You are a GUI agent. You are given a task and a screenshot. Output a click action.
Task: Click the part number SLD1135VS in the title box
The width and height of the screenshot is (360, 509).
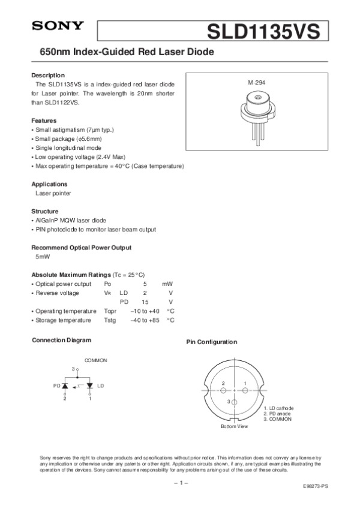pos(263,31)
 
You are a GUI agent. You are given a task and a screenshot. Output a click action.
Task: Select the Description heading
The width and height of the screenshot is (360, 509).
pos(47,76)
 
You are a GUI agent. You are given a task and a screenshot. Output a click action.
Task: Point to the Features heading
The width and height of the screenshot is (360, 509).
pos(44,121)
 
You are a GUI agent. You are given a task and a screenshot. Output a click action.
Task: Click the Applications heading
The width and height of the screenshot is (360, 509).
pos(49,184)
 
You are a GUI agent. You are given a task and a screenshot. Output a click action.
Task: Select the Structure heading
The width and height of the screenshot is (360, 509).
pos(45,212)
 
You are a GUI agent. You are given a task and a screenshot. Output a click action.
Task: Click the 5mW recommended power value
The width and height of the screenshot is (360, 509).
pos(43,257)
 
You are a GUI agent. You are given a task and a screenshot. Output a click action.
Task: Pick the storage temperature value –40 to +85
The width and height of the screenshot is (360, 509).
pos(145,320)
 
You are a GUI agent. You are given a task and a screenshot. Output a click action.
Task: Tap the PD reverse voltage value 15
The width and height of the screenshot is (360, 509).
pos(145,302)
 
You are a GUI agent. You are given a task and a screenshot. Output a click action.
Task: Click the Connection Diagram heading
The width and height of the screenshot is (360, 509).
pos(61,341)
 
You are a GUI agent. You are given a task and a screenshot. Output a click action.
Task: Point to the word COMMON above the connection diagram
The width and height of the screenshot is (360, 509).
pos(95,360)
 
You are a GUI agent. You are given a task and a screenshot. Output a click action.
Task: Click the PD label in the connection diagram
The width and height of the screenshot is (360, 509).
pos(56,385)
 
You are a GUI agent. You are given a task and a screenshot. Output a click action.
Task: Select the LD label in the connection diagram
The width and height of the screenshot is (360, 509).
pos(100,385)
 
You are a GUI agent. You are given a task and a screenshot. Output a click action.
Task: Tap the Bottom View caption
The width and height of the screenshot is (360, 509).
pos(233,426)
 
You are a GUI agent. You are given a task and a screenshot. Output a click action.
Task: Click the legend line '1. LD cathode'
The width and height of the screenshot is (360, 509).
pos(278,408)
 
